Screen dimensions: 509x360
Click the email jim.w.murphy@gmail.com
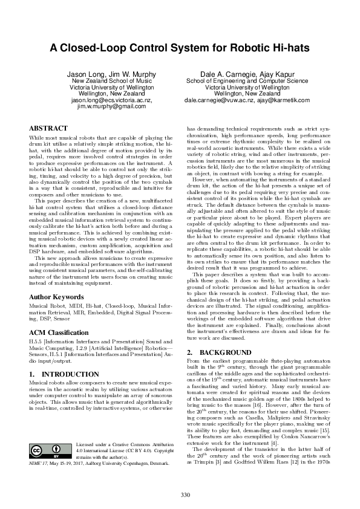tap(108, 106)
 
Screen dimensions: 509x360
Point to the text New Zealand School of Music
tap(108, 80)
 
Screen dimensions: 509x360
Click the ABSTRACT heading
tap(48, 129)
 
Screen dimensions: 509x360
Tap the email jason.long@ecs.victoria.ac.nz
tap(108, 100)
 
